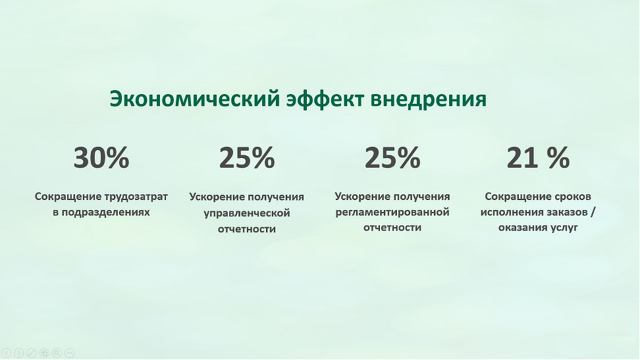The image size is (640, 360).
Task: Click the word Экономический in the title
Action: click(195, 98)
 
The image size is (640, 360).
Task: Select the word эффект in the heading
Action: click(325, 99)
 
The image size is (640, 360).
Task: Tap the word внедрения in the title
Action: click(428, 99)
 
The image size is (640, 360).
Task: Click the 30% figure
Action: click(101, 157)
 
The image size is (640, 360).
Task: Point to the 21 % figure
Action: click(538, 157)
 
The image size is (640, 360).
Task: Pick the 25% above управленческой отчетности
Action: click(247, 157)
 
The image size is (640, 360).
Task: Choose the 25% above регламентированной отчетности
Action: click(392, 157)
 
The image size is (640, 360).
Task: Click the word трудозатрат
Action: click(136, 197)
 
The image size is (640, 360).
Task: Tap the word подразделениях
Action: click(106, 213)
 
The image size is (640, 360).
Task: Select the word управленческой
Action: click(247, 213)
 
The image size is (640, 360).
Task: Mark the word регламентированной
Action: click(392, 213)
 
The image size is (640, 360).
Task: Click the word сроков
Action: click(573, 197)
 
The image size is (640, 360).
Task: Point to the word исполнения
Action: click(508, 213)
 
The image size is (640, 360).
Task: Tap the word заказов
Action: click(564, 213)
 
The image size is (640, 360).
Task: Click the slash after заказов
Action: click(593, 213)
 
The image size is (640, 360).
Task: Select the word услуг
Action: click(564, 228)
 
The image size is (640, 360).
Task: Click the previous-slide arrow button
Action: click(6, 353)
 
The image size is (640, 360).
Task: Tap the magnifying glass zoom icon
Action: click(57, 353)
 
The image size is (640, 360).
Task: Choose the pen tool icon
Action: click(32, 353)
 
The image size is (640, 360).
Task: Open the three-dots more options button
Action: click(69, 353)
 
